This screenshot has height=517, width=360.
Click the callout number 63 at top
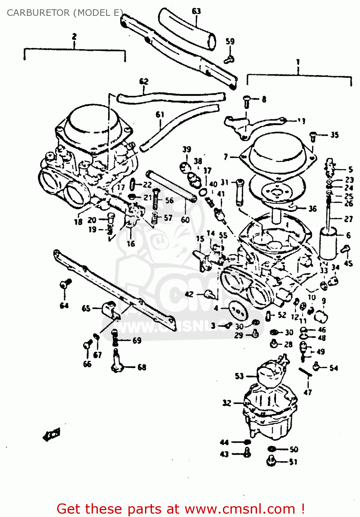point(196,11)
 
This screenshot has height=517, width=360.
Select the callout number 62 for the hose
point(144,82)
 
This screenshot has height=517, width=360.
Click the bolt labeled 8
point(247,101)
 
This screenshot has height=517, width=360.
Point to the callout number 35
point(335,135)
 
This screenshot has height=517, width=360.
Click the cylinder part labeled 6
point(328,243)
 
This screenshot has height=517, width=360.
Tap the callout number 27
point(348,219)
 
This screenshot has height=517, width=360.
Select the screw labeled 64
point(65,284)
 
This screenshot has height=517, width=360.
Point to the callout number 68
point(142,367)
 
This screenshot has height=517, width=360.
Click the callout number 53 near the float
point(239,376)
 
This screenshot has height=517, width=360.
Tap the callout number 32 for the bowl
point(227,403)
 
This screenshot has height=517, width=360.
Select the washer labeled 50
point(272,449)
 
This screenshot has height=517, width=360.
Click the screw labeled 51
point(271,461)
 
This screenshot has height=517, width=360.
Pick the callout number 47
point(308,392)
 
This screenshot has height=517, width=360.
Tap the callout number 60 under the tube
point(185,220)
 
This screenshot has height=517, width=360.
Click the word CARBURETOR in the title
point(38,13)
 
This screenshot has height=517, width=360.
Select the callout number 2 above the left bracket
point(74,37)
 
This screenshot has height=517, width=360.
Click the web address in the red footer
point(240,509)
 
